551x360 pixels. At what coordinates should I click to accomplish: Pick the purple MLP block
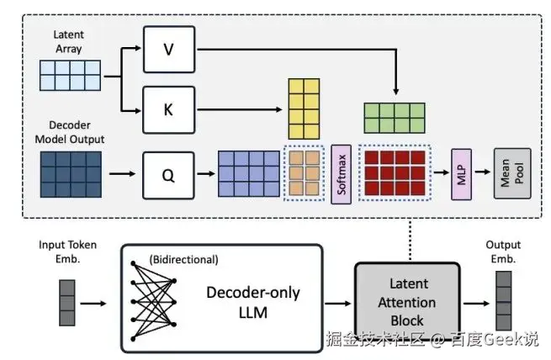tap(460, 174)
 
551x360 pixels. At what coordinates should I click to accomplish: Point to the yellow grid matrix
tap(306, 107)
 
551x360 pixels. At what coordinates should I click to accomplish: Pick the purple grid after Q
tap(248, 174)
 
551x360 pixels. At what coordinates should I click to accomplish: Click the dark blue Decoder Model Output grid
tap(71, 174)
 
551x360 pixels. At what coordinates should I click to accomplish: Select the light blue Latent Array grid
tap(71, 76)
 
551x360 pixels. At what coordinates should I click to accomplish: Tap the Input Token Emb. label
tap(68, 251)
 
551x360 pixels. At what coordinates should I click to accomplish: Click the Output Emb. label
tap(503, 251)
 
